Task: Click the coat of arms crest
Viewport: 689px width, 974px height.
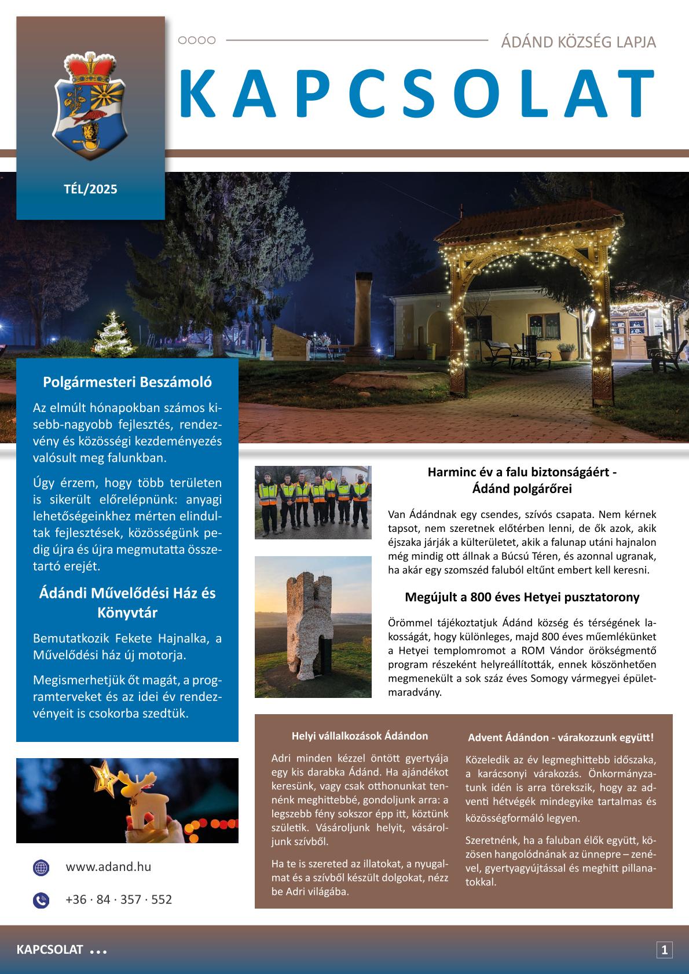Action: click(90, 104)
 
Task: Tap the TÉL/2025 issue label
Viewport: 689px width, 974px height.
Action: click(90, 189)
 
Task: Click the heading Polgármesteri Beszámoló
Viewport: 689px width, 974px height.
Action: click(127, 383)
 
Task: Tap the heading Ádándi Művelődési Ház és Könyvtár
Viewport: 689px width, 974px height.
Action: click(127, 602)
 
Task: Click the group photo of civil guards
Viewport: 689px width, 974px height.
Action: click(313, 502)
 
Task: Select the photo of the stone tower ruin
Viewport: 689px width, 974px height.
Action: click(313, 627)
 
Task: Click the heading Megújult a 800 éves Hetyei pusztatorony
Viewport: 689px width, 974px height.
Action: click(522, 597)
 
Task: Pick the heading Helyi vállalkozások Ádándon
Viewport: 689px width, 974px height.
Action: click(360, 736)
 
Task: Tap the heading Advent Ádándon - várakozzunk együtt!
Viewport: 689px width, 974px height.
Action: click(560, 737)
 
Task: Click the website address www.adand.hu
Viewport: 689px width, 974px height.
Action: click(108, 867)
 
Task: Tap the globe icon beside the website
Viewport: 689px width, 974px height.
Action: click(41, 868)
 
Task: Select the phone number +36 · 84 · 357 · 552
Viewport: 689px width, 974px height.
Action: click(119, 899)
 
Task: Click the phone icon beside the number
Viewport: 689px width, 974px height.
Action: click(41, 900)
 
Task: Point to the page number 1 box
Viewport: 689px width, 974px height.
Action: click(664, 950)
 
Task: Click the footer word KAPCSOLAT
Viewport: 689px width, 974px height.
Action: click(50, 950)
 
